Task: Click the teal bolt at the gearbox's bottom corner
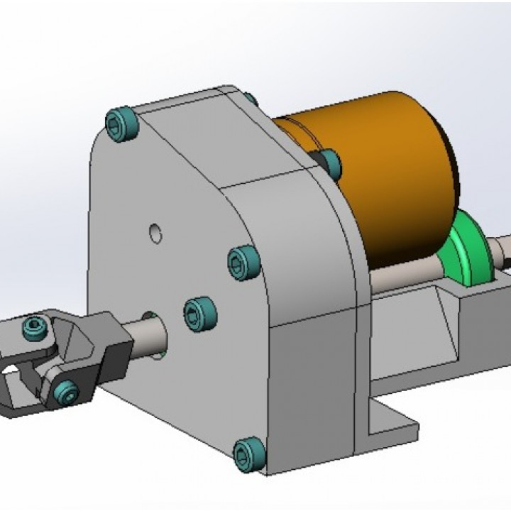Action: tap(247, 451)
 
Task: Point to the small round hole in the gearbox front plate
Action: tap(155, 233)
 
